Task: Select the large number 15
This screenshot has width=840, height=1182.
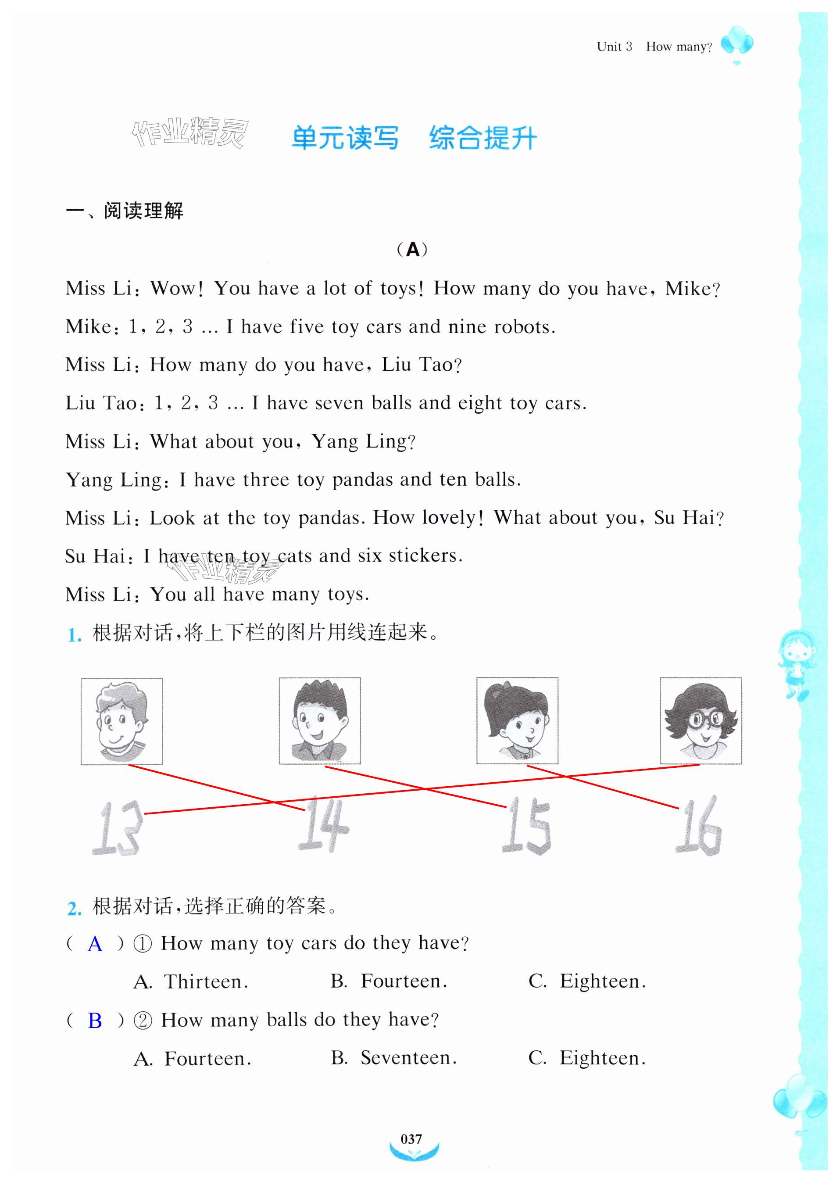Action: point(526,826)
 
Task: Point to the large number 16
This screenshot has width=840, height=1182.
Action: point(699,826)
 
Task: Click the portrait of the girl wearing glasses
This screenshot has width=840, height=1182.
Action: point(701,720)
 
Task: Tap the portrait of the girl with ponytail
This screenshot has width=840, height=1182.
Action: point(517,720)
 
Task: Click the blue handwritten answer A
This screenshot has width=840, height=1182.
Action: point(95,944)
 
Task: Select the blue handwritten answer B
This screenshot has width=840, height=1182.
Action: point(95,1021)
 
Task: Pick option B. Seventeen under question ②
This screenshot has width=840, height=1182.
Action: point(394,1058)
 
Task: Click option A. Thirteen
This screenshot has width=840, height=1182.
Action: point(191,982)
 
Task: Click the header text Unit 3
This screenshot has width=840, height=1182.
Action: point(614,47)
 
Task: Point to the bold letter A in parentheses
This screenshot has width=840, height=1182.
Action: point(413,250)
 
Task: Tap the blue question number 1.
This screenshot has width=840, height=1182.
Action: point(74,635)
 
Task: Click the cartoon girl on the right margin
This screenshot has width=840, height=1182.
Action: point(797,664)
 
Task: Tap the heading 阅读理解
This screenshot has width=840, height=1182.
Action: point(143,211)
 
